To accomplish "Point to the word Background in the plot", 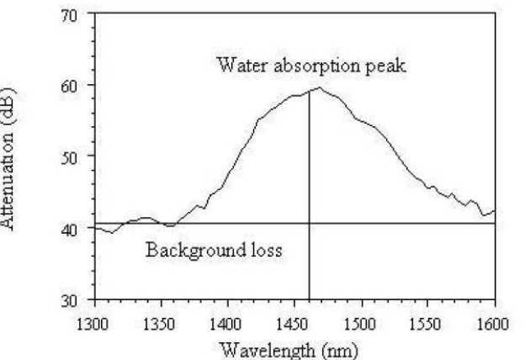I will click(x=189, y=250).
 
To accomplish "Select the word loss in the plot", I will click(x=264, y=250).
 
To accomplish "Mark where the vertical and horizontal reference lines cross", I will click(x=310, y=224).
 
